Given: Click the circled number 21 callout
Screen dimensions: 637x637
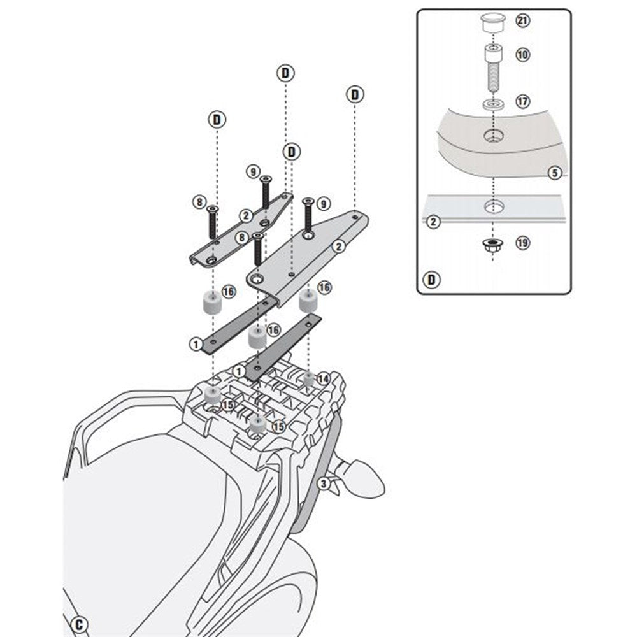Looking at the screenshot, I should coord(523,21).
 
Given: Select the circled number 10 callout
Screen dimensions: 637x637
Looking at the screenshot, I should coord(523,55).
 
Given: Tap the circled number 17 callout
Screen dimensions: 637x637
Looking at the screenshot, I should coord(523,101).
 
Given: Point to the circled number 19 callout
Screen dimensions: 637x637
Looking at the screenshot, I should coord(523,243).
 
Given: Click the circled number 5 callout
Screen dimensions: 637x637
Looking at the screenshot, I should coord(554,172).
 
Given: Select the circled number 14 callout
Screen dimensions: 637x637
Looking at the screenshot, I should coord(323,378).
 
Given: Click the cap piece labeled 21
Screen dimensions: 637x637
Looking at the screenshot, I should coord(492,24).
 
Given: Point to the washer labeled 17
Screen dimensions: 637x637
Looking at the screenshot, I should coord(492,104).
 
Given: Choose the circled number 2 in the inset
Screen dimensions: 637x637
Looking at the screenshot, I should coord(433,222).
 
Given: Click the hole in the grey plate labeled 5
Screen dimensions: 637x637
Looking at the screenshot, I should coord(492,135).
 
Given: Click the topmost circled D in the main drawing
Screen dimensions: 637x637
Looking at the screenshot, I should coord(285,73).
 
